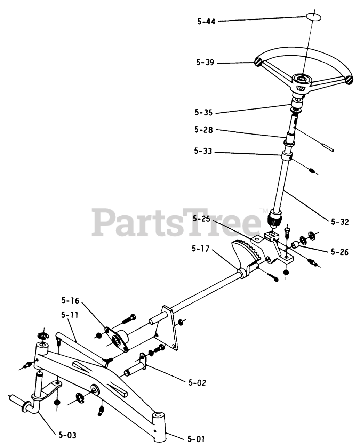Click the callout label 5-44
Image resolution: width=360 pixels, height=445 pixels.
click(206, 22)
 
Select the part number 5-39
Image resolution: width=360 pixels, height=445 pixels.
click(205, 63)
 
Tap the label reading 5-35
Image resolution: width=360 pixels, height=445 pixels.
click(204, 113)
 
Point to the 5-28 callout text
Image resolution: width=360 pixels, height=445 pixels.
click(204, 130)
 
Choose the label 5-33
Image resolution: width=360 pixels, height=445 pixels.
click(204, 152)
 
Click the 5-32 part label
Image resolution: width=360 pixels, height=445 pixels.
click(340, 222)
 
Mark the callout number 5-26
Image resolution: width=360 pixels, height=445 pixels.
click(339, 252)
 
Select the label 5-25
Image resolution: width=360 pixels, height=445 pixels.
click(201, 220)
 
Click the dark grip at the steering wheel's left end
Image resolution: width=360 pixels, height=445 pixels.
click(258, 63)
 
